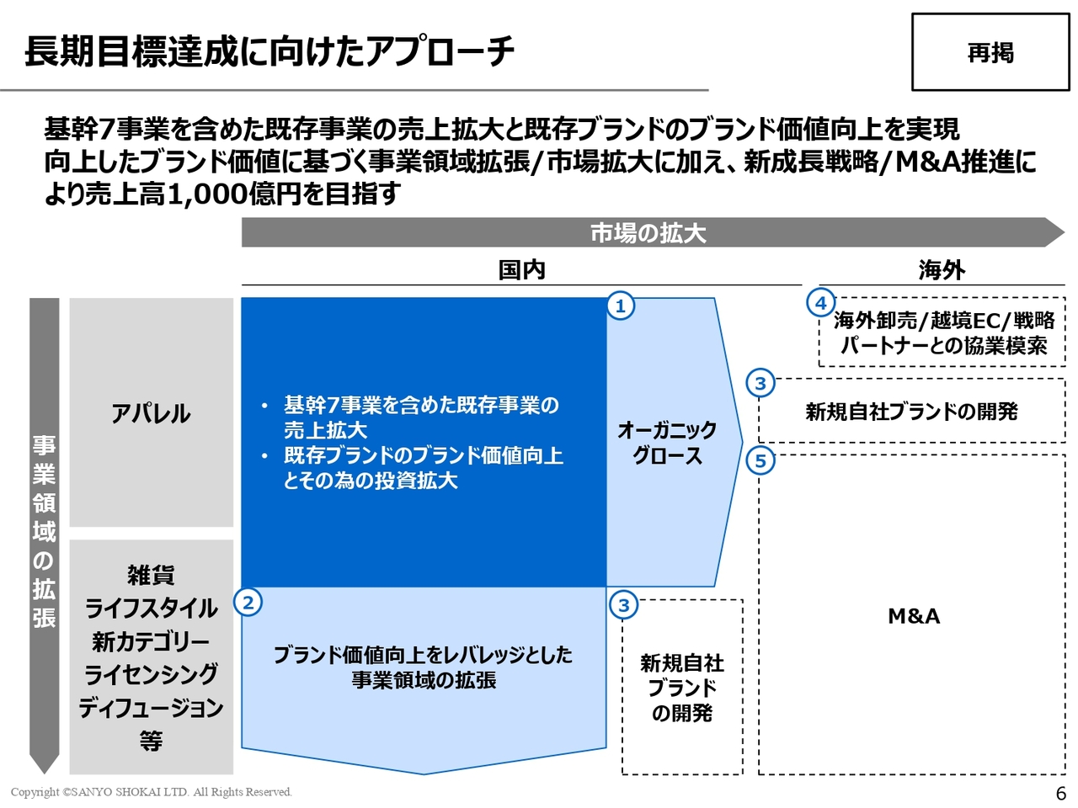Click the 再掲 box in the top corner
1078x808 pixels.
tap(990, 52)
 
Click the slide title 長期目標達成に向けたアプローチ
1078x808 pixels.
tap(269, 51)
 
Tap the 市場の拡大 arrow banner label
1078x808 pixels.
tap(648, 233)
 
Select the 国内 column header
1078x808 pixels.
tap(522, 270)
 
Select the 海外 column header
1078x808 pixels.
tap(942, 270)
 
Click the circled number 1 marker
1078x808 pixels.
tap(621, 306)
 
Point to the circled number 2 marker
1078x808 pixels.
tap(248, 603)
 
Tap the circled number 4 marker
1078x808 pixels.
tap(820, 303)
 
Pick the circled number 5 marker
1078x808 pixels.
tap(760, 461)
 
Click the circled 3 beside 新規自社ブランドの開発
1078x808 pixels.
tap(760, 384)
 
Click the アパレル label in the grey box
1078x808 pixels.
tap(152, 413)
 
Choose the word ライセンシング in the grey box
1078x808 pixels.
tap(152, 674)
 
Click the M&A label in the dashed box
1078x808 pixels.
tap(914, 616)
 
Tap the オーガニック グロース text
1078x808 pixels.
tap(667, 443)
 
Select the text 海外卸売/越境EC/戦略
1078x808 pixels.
tap(944, 321)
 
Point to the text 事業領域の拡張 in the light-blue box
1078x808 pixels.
tap(424, 680)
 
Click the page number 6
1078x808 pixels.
tap(1061, 793)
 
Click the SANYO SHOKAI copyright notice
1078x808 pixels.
tap(152, 792)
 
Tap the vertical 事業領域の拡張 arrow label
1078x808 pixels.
tap(45, 531)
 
